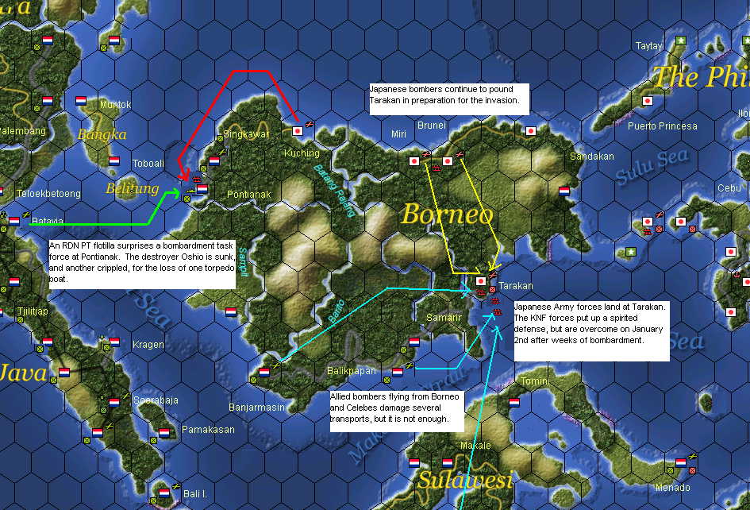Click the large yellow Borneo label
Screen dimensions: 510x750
click(x=447, y=214)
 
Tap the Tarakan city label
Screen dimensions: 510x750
click(x=517, y=286)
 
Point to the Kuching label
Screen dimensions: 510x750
click(x=302, y=153)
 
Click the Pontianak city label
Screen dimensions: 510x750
click(x=248, y=194)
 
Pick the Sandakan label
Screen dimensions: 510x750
click(x=592, y=156)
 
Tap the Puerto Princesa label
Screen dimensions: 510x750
click(x=662, y=126)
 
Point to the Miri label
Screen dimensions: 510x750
click(x=398, y=134)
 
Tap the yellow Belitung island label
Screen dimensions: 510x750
click(x=132, y=189)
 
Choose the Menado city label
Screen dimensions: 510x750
click(x=672, y=488)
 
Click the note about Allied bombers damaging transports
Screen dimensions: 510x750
click(x=395, y=409)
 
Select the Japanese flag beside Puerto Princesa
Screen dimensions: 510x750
click(x=648, y=101)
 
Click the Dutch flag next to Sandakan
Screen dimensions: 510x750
click(x=564, y=191)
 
